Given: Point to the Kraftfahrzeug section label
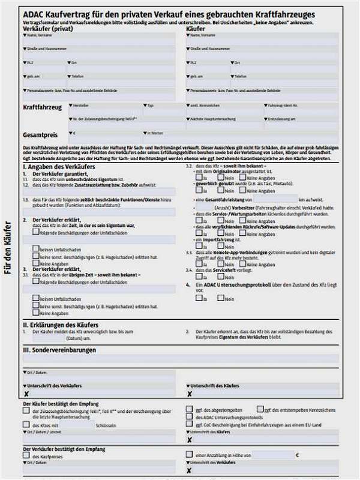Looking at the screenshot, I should pos(42,107).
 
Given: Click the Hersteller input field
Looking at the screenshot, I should pos(104,112).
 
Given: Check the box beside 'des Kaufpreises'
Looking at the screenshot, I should pos(27,456).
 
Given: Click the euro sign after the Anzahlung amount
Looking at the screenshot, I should pos(296,455).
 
